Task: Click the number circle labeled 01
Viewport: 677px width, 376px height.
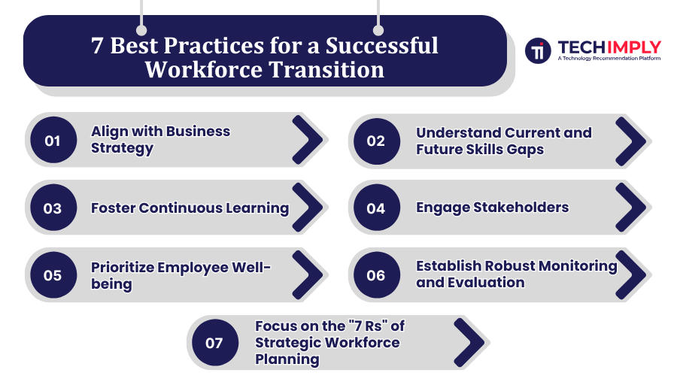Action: [52, 140]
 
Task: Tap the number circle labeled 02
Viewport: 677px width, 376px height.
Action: [375, 141]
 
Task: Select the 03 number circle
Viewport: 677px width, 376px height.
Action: [52, 208]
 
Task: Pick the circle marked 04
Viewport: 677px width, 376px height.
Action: [375, 208]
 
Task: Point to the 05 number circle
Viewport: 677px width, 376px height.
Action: [52, 275]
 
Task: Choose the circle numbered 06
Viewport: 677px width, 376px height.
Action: [375, 275]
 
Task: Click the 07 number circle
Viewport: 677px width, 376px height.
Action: [214, 343]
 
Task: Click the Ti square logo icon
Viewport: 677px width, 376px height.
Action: [538, 50]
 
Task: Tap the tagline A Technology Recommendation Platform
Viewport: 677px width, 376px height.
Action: [609, 58]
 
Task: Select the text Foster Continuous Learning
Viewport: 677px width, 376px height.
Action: [190, 208]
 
